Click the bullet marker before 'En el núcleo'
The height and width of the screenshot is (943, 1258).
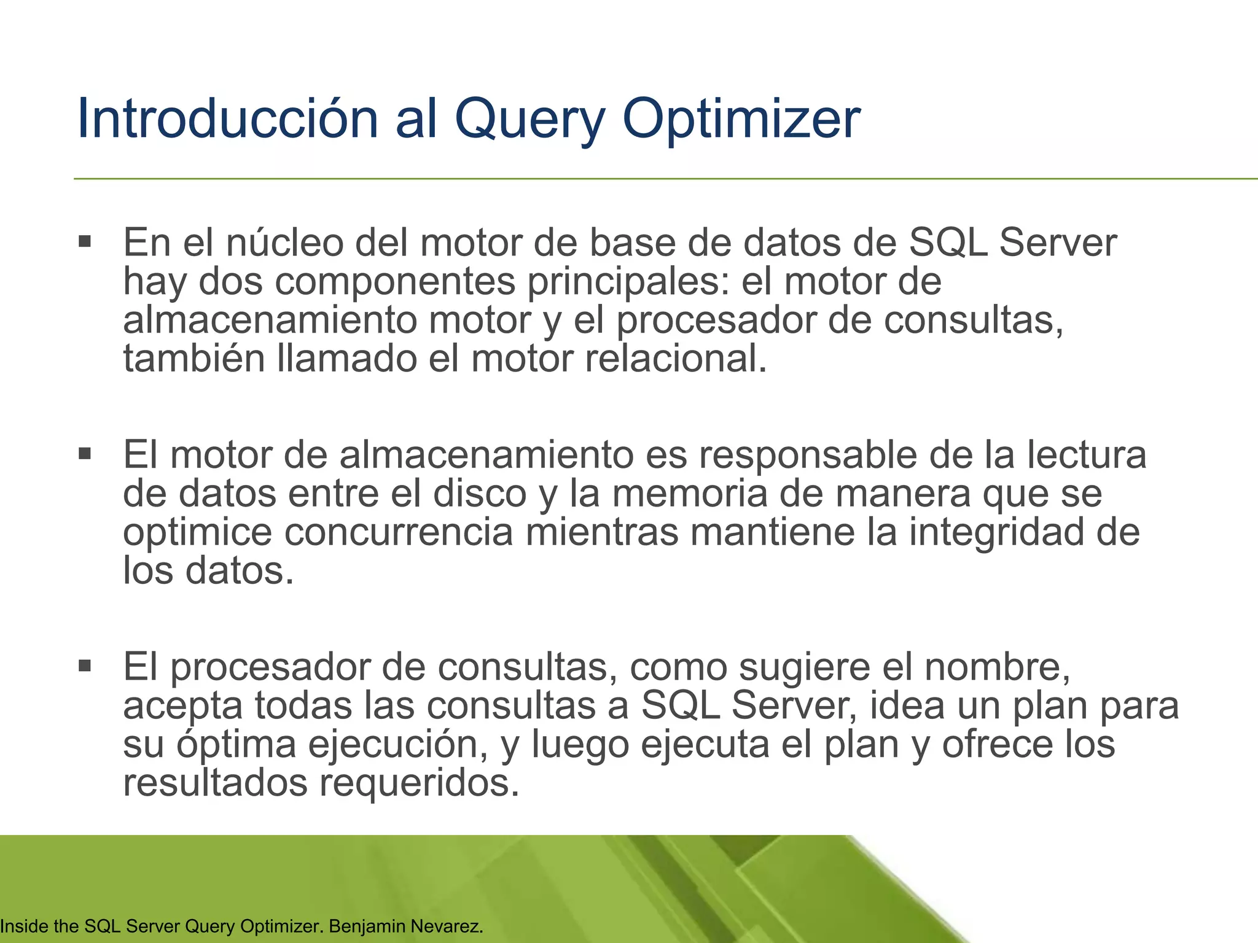(x=85, y=241)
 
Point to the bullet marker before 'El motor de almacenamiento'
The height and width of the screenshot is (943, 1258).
(x=85, y=454)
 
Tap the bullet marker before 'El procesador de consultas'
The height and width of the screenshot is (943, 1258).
(x=85, y=666)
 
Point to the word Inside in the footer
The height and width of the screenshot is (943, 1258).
(x=23, y=926)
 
